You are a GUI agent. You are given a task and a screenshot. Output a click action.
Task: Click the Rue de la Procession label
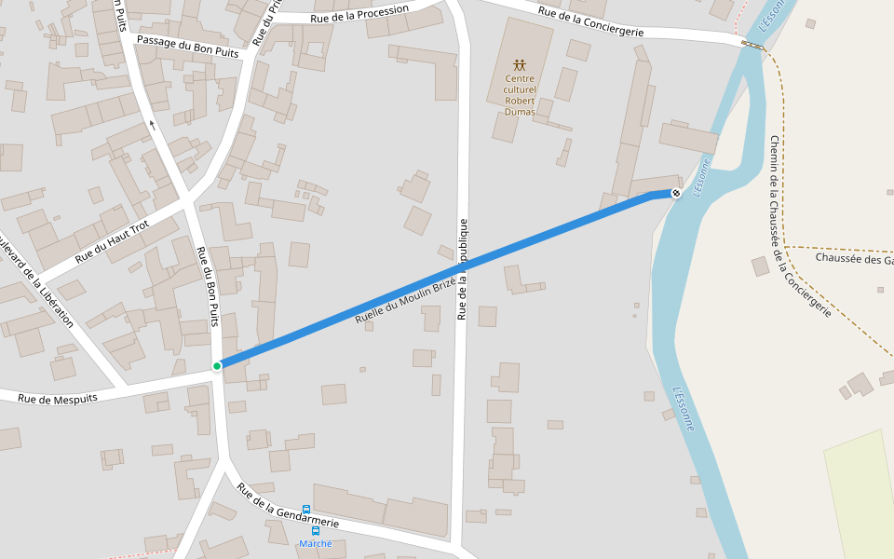click(x=359, y=14)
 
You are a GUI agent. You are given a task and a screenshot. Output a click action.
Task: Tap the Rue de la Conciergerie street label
click(x=590, y=21)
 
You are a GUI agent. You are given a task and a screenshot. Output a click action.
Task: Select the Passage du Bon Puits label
click(x=187, y=47)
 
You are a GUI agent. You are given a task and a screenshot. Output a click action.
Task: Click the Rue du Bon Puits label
click(x=208, y=286)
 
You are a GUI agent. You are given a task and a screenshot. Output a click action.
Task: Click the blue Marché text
click(x=315, y=543)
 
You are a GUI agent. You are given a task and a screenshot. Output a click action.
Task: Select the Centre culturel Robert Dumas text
click(x=520, y=94)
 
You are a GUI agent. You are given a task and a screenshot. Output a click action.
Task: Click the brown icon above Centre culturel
click(x=520, y=65)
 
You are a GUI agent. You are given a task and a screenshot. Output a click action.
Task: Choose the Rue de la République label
click(x=462, y=270)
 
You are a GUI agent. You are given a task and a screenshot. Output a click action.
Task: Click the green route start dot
click(x=217, y=366)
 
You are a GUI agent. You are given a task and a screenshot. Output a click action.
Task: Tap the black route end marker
click(x=676, y=193)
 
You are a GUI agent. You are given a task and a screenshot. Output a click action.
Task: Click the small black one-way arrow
click(x=152, y=123)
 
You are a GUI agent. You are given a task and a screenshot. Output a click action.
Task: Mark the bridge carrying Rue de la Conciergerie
click(x=752, y=44)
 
